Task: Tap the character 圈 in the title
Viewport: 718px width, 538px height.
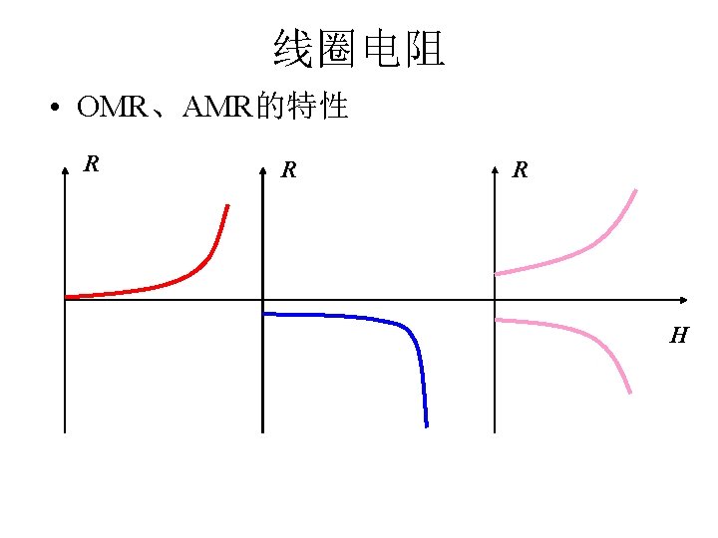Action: (x=336, y=49)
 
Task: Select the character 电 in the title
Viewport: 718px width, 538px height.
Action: (x=382, y=49)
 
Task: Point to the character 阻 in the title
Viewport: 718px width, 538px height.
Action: (x=426, y=49)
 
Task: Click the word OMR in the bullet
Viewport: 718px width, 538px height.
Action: (x=111, y=108)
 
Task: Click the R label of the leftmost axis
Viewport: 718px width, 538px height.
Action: (x=91, y=163)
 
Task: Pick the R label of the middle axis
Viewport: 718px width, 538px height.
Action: (x=288, y=169)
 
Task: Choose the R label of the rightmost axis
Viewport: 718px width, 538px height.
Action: (x=520, y=170)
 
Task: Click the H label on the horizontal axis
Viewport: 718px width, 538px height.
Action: (x=678, y=336)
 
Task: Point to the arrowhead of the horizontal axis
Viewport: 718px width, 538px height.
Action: (x=683, y=300)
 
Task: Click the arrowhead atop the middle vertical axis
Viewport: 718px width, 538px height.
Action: (x=262, y=171)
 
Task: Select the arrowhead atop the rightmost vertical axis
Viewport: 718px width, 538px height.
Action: (x=496, y=171)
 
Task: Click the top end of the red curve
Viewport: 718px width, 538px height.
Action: (x=227, y=206)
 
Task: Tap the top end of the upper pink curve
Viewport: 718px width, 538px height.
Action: (x=636, y=190)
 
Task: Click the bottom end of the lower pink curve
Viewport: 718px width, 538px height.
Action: (x=630, y=392)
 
